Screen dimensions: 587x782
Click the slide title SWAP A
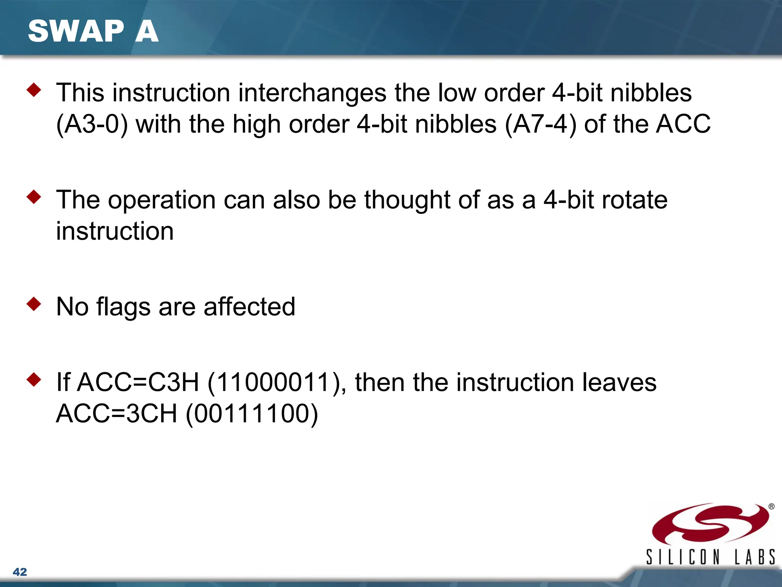93,31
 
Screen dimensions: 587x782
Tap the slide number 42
20,572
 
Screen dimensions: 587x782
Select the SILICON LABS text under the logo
710,557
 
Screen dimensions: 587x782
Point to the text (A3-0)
92,124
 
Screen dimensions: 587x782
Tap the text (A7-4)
540,124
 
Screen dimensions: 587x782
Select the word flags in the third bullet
123,307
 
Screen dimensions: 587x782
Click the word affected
249,307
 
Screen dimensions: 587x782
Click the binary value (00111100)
252,413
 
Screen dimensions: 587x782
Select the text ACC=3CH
117,413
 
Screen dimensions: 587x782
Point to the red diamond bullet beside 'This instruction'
34,90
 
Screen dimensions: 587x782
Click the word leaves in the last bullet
619,382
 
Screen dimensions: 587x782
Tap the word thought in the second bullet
407,200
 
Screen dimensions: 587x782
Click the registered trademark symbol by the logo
771,506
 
